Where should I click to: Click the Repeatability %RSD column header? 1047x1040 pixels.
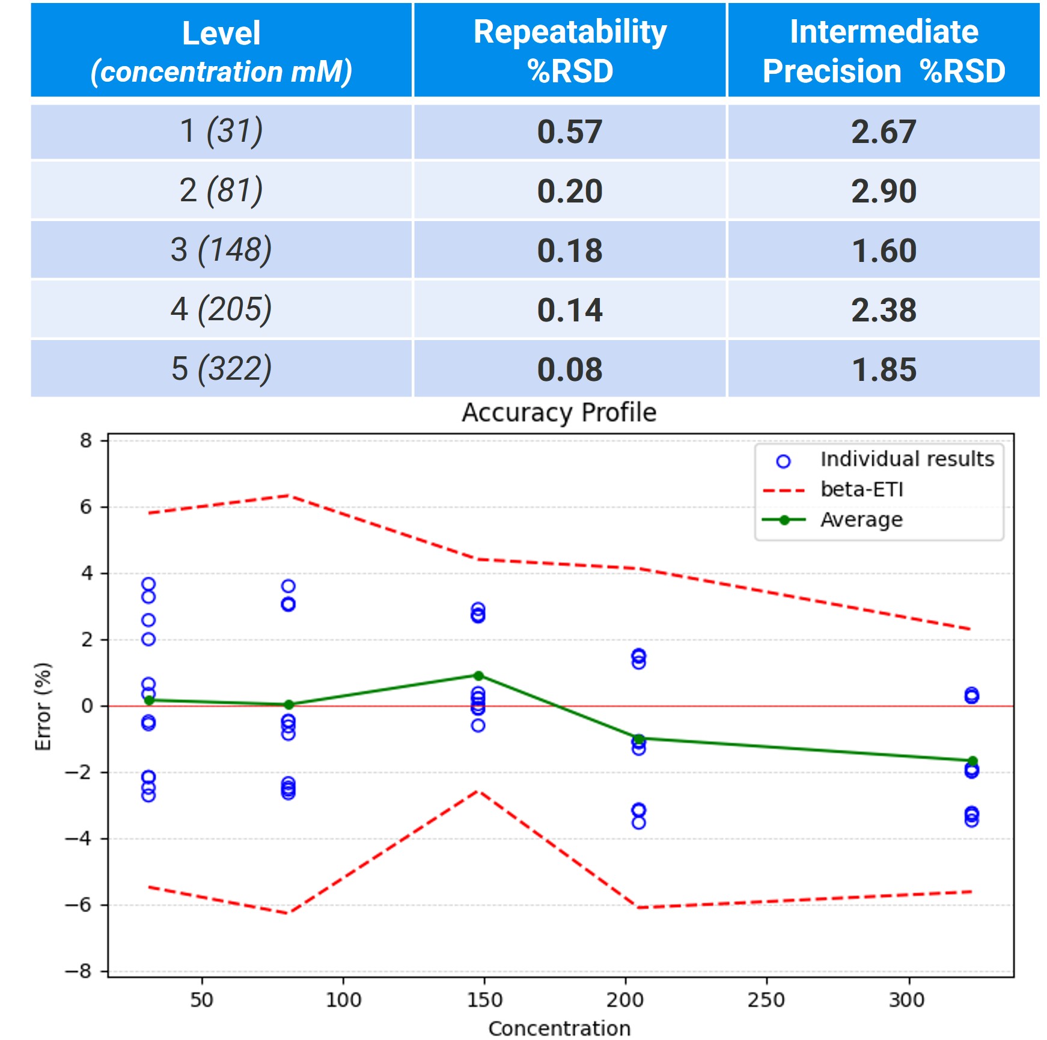pos(570,50)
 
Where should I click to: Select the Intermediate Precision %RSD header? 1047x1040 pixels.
pos(884,50)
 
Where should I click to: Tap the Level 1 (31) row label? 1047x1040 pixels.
pos(221,132)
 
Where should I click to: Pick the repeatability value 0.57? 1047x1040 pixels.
pos(570,132)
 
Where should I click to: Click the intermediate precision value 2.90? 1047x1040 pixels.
pos(884,191)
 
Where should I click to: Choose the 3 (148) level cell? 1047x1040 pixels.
pos(221,250)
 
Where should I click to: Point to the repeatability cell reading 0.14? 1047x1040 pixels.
pos(570,310)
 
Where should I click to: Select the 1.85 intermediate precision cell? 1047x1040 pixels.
pos(884,369)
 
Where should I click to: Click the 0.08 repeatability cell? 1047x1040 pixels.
pos(570,369)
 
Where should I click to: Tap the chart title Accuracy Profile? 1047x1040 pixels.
pos(559,413)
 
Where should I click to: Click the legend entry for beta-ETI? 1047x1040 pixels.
pos(862,490)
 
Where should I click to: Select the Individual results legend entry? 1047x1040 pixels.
pos(907,460)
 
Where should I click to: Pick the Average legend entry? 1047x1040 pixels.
pos(861,520)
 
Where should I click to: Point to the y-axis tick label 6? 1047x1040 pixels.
pos(87,507)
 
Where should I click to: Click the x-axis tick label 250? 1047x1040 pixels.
pos(766,1000)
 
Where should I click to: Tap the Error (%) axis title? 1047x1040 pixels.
pos(43,707)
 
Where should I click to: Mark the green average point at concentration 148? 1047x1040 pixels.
pos(478,676)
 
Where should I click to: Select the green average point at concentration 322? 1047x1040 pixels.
pos(972,761)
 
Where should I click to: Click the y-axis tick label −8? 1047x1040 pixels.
pos(79,971)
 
